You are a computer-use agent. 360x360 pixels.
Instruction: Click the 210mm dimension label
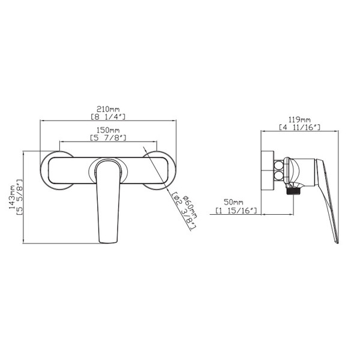tap(108, 109)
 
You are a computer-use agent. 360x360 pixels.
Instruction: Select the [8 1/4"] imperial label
tap(108, 116)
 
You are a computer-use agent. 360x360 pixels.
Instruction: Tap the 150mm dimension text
tap(108, 130)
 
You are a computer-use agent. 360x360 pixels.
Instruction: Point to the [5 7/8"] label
tap(108, 138)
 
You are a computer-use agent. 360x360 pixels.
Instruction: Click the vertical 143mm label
tap(12, 197)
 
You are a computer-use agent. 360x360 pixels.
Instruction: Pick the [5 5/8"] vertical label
tap(20, 197)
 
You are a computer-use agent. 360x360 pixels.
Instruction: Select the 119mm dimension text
tap(299, 119)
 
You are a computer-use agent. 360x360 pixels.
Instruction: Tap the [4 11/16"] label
tap(299, 127)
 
